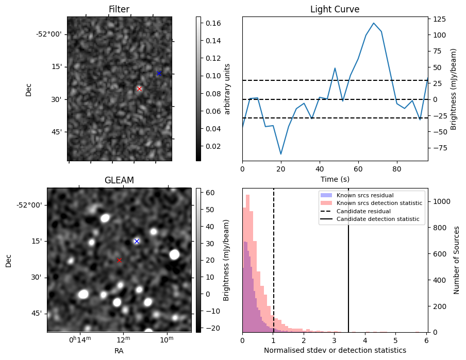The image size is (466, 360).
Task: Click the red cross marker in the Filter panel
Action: (139, 89)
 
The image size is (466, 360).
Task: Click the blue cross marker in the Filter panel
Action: (159, 73)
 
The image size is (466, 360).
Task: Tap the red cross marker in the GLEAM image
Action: (119, 261)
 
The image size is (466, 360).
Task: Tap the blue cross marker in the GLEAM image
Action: (137, 241)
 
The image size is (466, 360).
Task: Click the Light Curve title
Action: (335, 9)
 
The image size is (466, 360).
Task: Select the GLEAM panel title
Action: (119, 180)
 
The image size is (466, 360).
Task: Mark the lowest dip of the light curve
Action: (281, 154)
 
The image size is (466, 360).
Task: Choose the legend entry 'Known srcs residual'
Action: (364, 196)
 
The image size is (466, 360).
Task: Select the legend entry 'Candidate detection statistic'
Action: (377, 219)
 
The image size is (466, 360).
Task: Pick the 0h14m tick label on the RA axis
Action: (79, 340)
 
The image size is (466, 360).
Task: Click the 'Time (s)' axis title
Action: (335, 178)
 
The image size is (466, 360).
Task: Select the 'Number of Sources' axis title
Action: (457, 260)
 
